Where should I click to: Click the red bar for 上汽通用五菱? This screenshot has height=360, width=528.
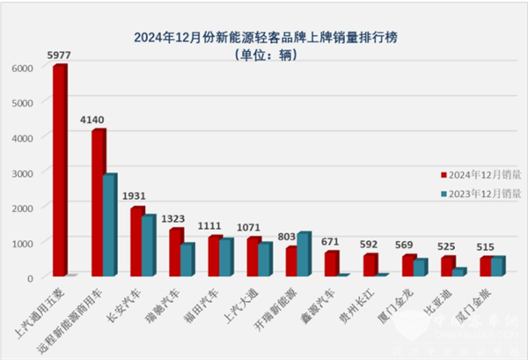pyautogui.click(x=59, y=172)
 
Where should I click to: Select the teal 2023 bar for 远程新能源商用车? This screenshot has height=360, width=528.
pyautogui.click(x=108, y=226)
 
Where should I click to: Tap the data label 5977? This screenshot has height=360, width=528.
pyautogui.click(x=61, y=57)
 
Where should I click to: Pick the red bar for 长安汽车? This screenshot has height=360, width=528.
pyautogui.click(x=136, y=242)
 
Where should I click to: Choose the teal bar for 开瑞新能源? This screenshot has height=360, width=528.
pyautogui.click(x=304, y=254)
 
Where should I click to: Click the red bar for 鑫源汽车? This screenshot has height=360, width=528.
pyautogui.click(x=331, y=264)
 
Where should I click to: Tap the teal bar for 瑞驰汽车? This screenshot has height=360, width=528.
pyautogui.click(x=186, y=261)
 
